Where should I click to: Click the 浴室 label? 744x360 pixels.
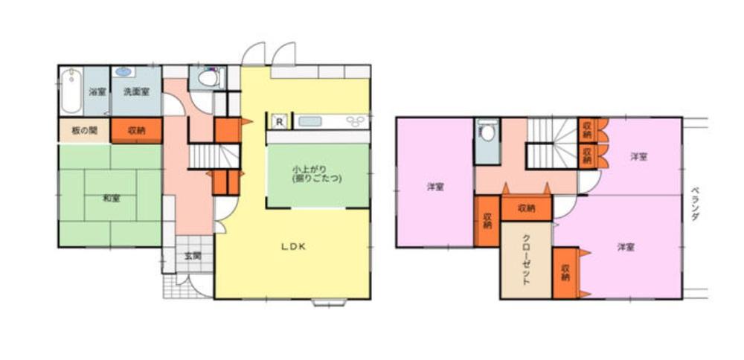tap(97, 91)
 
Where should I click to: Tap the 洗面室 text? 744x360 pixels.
tap(136, 91)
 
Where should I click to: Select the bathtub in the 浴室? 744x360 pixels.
tap(71, 91)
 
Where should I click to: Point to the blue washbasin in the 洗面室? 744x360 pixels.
tap(124, 71)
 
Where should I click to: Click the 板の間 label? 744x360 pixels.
tap(84, 131)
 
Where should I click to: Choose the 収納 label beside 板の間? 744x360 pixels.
tap(136, 131)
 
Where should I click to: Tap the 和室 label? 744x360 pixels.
tap(111, 199)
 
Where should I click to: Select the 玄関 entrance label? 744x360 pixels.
tap(193, 256)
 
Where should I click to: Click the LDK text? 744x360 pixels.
tap(292, 246)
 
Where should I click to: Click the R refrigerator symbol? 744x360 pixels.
tap(280, 121)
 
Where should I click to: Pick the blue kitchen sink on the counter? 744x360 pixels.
tap(310, 121)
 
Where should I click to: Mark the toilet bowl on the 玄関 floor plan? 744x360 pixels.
tap(208, 78)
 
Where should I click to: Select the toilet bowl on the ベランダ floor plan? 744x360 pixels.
tap(488, 132)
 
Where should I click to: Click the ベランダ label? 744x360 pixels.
tap(695, 204)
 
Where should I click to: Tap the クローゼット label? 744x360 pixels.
tap(526, 260)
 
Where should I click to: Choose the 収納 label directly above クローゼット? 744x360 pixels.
tap(526, 208)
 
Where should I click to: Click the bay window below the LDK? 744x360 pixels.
tap(330, 302)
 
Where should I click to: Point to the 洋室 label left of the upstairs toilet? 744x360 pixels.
tap(435, 187)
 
